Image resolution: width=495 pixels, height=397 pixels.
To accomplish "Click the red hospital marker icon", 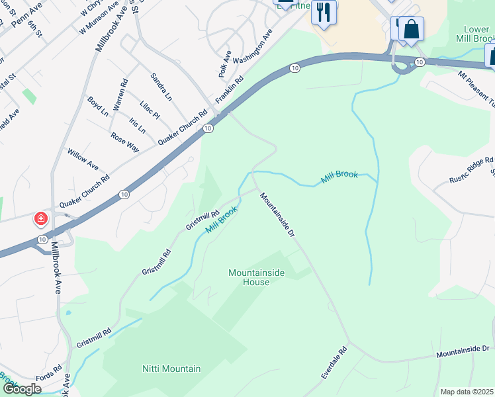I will click(41, 218).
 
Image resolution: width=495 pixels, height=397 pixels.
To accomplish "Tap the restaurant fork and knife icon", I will click(324, 13).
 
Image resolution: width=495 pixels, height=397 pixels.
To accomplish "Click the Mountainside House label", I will click(249, 277).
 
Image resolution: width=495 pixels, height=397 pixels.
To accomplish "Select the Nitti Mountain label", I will click(171, 369).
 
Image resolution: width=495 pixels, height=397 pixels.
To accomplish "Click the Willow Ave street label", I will click(83, 159).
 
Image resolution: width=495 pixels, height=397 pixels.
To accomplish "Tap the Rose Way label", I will click(125, 142).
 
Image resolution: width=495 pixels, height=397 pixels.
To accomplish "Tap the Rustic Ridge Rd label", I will click(472, 170).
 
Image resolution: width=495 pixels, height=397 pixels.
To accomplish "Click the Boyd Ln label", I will click(98, 106).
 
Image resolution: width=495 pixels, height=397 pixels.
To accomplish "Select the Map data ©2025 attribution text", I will click(467, 392).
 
